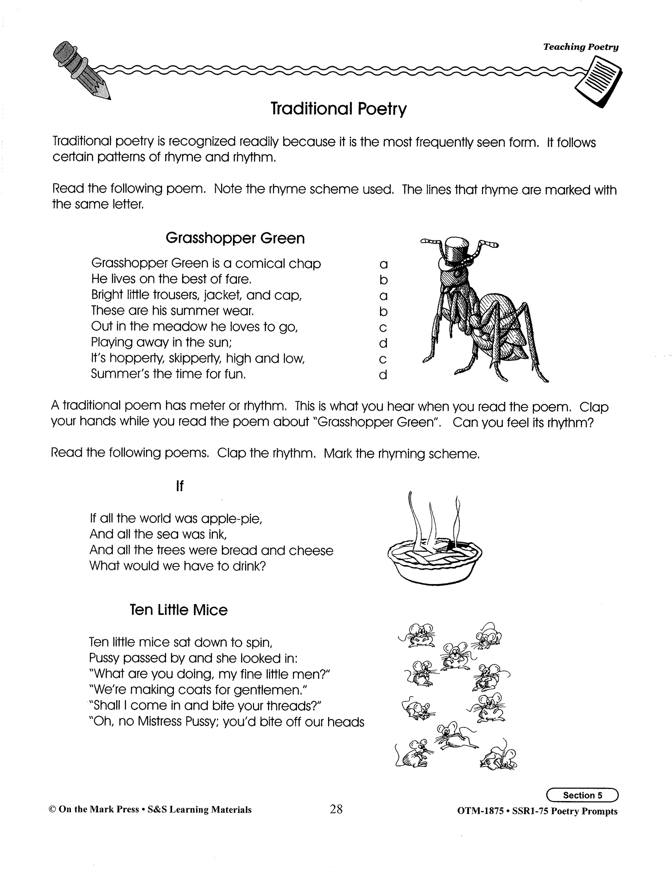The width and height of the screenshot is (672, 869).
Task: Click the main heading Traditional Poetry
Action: (x=338, y=109)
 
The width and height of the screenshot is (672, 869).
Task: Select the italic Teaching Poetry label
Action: (x=580, y=47)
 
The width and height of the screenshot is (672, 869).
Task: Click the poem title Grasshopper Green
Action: (x=235, y=238)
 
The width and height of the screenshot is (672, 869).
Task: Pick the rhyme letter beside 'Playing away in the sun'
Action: (x=383, y=343)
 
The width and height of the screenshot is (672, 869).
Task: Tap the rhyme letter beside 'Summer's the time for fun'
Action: (x=383, y=374)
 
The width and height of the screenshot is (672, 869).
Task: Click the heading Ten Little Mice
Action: (x=179, y=610)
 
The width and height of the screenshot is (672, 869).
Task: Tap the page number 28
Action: (x=336, y=809)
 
